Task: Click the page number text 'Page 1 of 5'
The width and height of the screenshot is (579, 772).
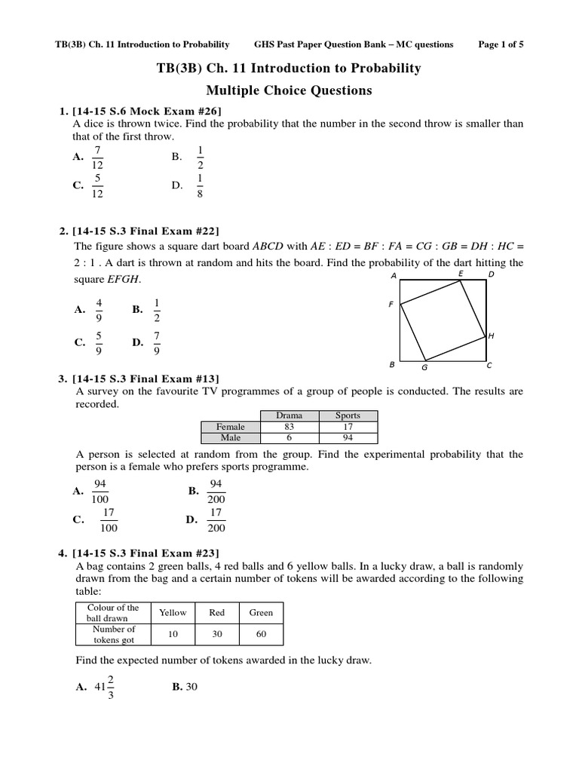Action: coord(501,44)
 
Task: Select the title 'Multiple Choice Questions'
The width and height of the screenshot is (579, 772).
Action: coord(289,90)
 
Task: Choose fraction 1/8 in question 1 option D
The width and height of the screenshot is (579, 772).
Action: coord(199,185)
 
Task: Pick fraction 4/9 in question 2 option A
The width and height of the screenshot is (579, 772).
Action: coord(98,309)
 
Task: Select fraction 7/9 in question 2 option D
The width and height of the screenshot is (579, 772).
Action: coord(157,342)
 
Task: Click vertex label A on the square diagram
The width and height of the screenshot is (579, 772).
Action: coord(394,276)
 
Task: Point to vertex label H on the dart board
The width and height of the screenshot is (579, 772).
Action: coord(491,335)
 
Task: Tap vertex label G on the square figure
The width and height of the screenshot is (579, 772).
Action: coord(424,368)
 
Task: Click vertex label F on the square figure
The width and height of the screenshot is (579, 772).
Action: coord(391,305)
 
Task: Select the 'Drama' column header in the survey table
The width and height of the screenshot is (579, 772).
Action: coord(289,415)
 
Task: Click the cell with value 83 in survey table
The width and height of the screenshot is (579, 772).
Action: coord(289,427)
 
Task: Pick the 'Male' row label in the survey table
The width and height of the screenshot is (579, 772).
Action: coord(230,437)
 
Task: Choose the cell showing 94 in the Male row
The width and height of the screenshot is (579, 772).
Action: coord(348,437)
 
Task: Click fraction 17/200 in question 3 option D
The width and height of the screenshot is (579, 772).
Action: coord(216,520)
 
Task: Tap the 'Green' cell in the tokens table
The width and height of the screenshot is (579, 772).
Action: coord(261,613)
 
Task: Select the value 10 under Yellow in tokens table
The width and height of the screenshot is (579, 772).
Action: coord(173,635)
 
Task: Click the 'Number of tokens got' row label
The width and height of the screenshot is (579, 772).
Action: coord(113,635)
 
